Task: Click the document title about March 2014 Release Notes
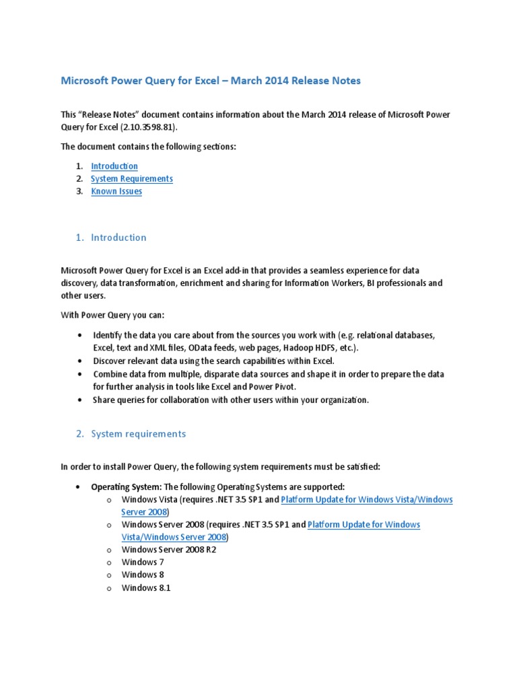[211, 81]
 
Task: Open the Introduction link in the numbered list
[114, 166]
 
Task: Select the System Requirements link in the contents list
[132, 179]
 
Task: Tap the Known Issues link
[116, 192]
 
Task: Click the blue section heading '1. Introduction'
[111, 238]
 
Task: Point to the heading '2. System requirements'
[131, 434]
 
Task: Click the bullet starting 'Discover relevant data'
[213, 361]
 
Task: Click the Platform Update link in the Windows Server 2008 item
[364, 525]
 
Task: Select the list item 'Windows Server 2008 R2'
[169, 550]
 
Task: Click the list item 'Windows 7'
[143, 563]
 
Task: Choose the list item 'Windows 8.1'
[146, 588]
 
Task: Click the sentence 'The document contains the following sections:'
[149, 147]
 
